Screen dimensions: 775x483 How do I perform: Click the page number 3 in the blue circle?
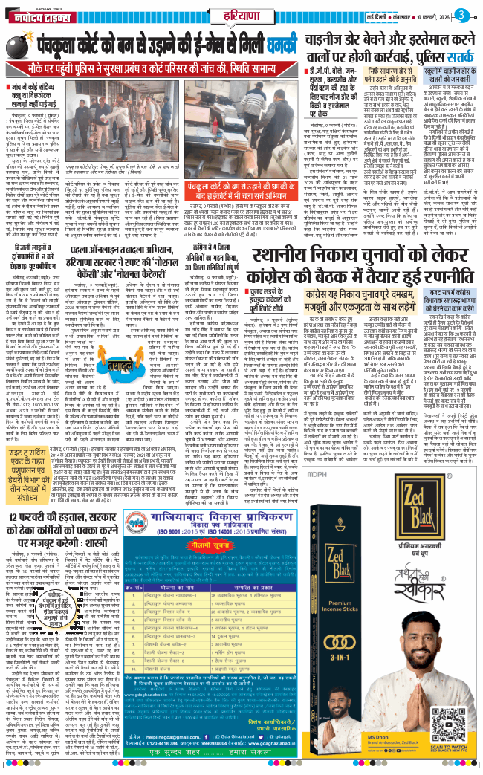tap(463, 15)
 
